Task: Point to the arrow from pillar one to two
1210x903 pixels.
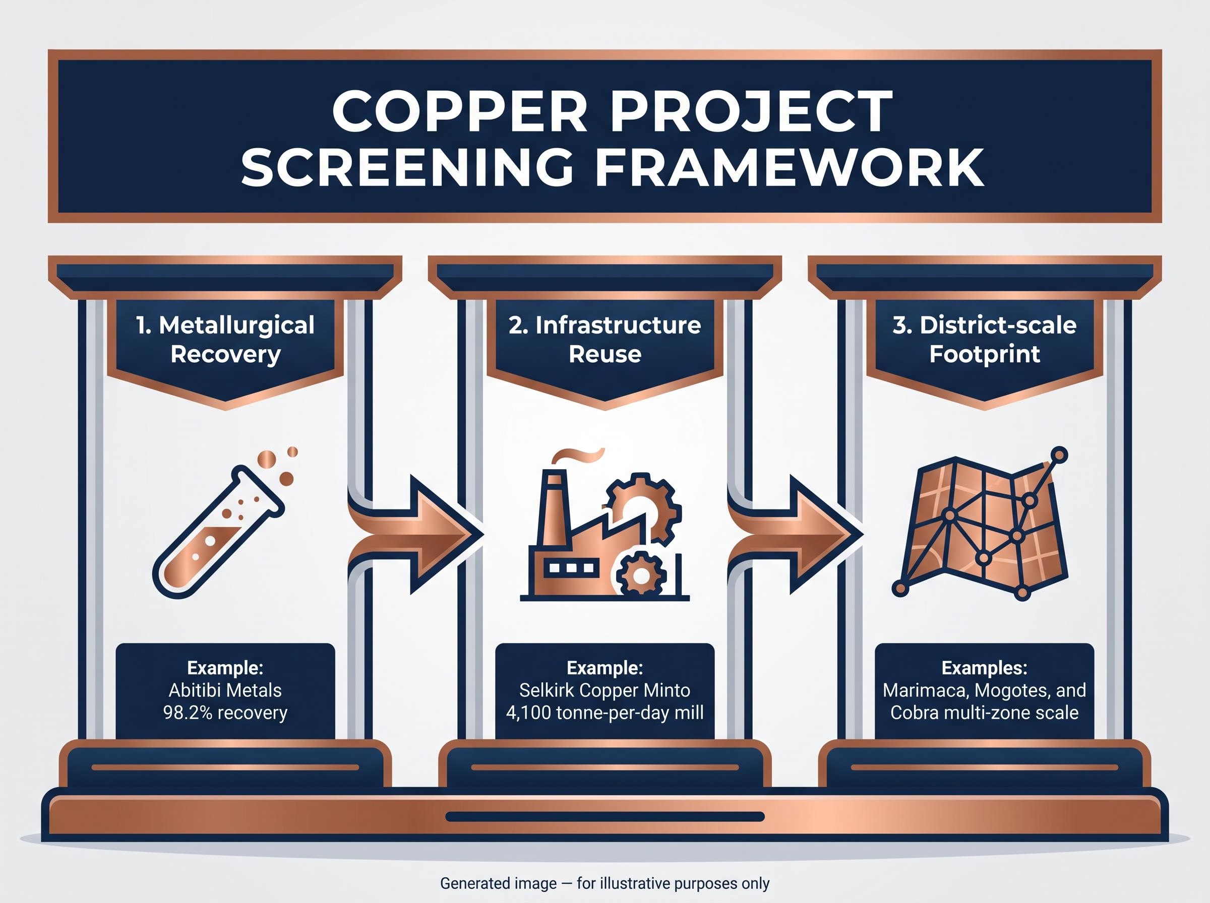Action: pos(416,534)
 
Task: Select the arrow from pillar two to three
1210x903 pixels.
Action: pos(796,534)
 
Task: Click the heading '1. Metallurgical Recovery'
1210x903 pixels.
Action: pos(225,340)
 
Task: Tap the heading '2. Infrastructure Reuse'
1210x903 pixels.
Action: pos(604,340)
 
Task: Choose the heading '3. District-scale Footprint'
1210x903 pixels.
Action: pos(984,340)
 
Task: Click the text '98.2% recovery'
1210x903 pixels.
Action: pos(225,713)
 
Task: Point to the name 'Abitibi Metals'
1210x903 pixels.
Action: pos(225,690)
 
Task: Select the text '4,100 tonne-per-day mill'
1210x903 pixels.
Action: pos(604,713)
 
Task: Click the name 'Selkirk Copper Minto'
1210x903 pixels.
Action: pos(604,690)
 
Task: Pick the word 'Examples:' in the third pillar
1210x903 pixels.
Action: pos(984,668)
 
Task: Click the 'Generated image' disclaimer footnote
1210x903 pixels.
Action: pos(604,883)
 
